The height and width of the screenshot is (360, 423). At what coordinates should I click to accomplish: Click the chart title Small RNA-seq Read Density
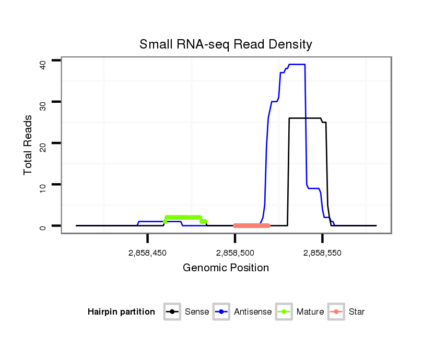coord(226,44)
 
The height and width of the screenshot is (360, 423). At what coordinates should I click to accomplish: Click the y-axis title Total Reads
coord(28,145)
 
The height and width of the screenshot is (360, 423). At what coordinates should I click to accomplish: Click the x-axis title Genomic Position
coord(226,268)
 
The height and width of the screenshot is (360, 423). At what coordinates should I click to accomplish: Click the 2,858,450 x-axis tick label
coord(147,253)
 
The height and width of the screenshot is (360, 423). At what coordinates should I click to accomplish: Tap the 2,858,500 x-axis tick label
coord(235,253)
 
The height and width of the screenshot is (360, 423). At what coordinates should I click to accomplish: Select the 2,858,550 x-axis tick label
coord(322,253)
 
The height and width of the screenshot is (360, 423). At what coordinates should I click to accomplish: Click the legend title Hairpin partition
coord(121,312)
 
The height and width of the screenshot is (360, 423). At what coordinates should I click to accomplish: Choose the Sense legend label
coord(197,312)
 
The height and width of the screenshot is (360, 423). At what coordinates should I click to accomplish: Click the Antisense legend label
coord(253,312)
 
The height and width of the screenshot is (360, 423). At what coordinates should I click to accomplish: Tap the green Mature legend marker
coord(285,312)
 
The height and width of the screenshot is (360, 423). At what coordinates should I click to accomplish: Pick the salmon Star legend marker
coord(337,312)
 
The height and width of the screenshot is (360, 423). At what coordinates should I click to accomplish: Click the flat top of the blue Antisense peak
coord(297,64)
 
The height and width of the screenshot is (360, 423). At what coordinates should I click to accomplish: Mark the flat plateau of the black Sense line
coord(305,118)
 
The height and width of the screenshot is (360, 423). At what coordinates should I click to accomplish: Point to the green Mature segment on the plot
coord(183,218)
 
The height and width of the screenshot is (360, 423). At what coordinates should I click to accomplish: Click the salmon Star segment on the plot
coord(252,225)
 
